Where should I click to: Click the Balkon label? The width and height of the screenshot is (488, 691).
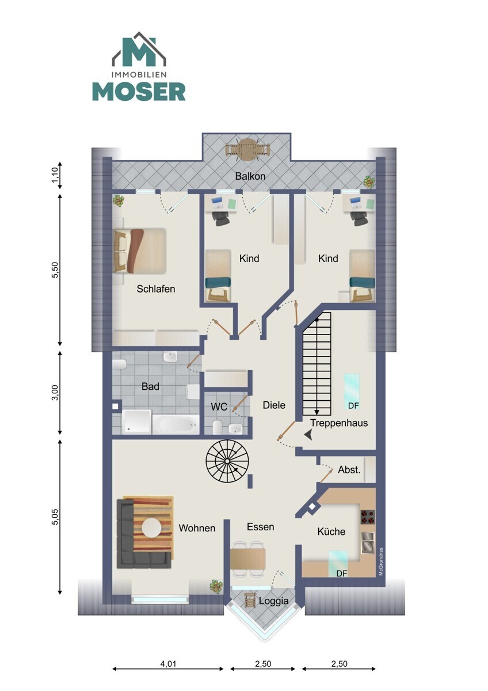(250, 176)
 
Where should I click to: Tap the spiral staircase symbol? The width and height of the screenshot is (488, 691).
(227, 461)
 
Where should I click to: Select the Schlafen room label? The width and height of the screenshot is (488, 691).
(156, 288)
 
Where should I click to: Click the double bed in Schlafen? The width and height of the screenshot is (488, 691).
(140, 250)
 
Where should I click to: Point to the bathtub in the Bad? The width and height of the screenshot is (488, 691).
(176, 424)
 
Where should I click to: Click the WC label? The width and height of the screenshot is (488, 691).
(219, 407)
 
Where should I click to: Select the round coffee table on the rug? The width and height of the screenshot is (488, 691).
(151, 528)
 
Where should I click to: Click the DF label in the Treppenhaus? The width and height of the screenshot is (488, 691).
(353, 405)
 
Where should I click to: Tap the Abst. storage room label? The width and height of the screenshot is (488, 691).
(349, 469)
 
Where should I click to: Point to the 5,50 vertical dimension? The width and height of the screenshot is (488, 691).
(55, 271)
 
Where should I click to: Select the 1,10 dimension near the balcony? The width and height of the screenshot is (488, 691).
(55, 175)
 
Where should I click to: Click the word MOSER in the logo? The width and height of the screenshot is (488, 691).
(139, 92)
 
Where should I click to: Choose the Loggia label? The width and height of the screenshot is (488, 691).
(274, 601)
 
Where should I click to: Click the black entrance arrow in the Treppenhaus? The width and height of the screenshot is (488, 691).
(308, 435)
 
